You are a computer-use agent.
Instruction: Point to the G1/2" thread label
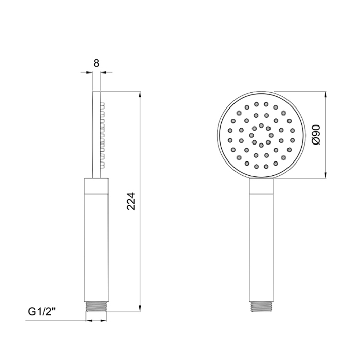[x=43, y=312]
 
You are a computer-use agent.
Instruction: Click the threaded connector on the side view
[x=96, y=307]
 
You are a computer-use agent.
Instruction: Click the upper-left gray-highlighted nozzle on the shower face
[x=239, y=112]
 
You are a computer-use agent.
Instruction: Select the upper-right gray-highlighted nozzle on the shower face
[x=283, y=112]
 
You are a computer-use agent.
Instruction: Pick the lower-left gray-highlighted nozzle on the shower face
[x=239, y=157]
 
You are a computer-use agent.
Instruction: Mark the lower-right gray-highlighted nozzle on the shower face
[x=283, y=157]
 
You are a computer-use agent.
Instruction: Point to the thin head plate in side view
[x=96, y=134]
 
